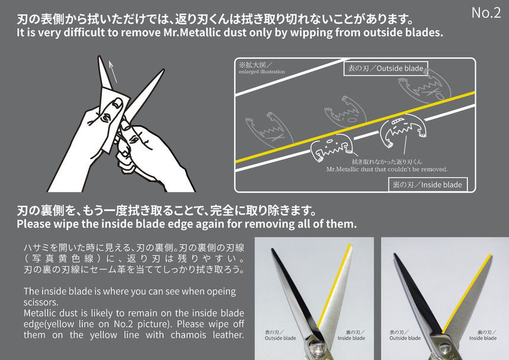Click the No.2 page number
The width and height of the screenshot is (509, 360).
486,12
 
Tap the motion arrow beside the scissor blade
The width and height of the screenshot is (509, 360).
112,72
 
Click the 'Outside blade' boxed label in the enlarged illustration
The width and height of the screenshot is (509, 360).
386,68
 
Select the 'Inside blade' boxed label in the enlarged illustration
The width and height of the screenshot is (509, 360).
428,184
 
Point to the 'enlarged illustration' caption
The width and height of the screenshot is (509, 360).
262,72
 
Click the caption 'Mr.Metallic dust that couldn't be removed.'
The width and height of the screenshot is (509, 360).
387,169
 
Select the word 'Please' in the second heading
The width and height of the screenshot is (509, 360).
33,224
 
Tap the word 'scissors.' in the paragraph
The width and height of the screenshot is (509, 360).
41,302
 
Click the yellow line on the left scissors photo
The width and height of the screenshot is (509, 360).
334,286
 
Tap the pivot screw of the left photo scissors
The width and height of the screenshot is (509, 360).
315,351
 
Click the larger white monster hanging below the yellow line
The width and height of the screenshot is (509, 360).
403,129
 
